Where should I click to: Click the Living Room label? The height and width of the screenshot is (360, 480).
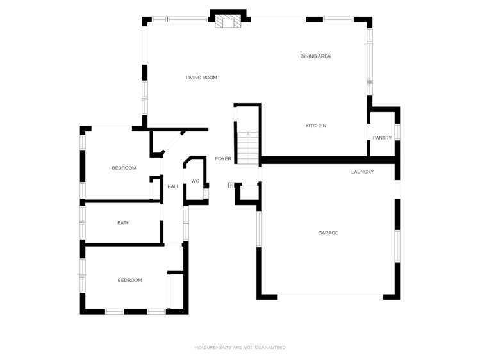[x=201, y=78]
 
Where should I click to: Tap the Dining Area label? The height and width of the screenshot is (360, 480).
[x=315, y=56]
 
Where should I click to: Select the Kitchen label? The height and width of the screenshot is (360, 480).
[x=315, y=126]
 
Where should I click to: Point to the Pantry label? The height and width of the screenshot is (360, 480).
[x=382, y=138]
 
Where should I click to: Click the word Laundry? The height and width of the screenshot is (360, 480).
[x=362, y=172]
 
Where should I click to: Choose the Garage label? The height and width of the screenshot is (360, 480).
[x=328, y=233]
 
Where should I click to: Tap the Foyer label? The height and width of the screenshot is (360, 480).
[x=222, y=158]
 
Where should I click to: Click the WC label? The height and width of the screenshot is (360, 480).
[x=195, y=181]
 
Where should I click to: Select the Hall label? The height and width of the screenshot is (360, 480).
[x=173, y=186]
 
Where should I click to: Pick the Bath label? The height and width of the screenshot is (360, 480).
[x=123, y=223]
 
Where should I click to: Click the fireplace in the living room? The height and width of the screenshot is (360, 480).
[x=228, y=22]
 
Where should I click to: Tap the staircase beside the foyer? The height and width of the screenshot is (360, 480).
[x=247, y=147]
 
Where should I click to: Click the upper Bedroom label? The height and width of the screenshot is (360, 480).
[x=124, y=168]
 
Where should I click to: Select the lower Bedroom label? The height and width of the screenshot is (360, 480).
[x=129, y=280]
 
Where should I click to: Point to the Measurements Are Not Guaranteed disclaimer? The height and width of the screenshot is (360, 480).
[x=240, y=347]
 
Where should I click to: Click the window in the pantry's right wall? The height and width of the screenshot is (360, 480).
[x=397, y=132]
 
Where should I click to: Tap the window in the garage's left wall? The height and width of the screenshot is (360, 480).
[x=259, y=229]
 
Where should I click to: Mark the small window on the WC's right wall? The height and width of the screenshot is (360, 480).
[x=206, y=192]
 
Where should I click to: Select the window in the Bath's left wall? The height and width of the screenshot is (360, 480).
[x=82, y=222]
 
